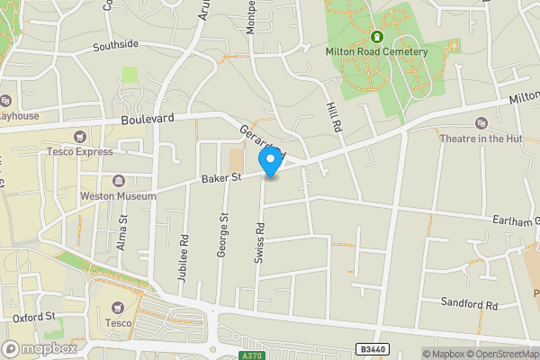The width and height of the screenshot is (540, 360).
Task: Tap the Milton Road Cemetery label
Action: pos(376,51)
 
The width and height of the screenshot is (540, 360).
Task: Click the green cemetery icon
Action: pos(376,37)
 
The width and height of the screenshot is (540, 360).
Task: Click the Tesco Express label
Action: pos(80,151)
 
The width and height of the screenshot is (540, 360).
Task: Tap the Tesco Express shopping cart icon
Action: pos(80,138)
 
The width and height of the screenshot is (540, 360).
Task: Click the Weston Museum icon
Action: pos(120,181)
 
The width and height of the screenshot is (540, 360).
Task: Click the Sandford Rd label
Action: pos(469,305)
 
